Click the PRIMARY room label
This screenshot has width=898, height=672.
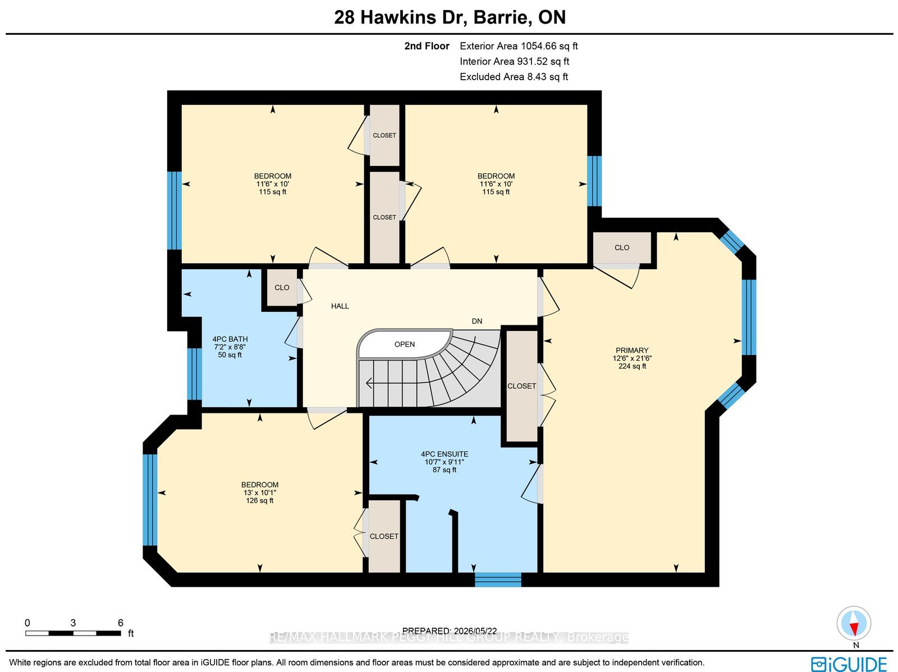(x=631, y=351)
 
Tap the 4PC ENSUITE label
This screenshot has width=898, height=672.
(x=445, y=454)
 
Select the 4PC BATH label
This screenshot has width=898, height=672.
(x=230, y=339)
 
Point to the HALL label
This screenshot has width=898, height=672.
(x=340, y=306)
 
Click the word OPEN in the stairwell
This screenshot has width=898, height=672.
(x=405, y=344)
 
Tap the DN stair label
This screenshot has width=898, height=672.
(x=477, y=321)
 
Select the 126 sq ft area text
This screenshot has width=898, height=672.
(x=260, y=500)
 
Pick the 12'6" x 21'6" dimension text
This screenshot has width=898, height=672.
(x=631, y=358)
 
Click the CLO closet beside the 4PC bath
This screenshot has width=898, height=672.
(x=282, y=287)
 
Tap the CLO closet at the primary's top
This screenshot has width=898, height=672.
(x=622, y=248)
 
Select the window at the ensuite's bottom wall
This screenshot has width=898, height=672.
(x=498, y=579)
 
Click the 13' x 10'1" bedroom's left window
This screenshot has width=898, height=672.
(x=150, y=499)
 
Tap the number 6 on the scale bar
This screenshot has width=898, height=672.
(x=120, y=623)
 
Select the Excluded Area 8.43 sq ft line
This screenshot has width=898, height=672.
(x=514, y=77)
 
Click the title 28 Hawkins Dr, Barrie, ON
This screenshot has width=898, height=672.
(x=450, y=17)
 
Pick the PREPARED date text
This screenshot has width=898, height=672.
(x=449, y=630)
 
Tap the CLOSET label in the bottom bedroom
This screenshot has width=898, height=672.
(x=384, y=536)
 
